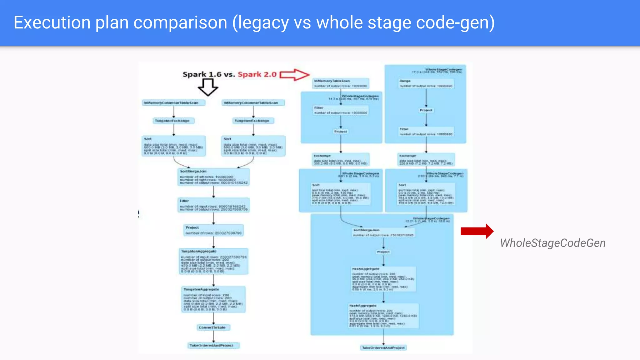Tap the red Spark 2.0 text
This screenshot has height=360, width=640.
(257, 74)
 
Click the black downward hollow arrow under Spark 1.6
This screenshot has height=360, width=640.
(208, 87)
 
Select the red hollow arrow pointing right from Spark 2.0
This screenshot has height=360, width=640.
(294, 75)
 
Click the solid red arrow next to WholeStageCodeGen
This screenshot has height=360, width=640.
(477, 231)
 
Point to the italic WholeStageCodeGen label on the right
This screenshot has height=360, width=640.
(552, 243)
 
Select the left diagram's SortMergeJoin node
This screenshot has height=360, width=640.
(213, 177)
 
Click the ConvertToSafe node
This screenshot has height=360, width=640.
(213, 327)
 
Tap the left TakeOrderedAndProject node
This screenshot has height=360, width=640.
(213, 345)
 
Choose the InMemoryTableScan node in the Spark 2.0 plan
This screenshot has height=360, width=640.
(341, 83)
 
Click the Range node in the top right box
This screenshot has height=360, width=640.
(426, 83)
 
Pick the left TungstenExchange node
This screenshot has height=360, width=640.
(173, 121)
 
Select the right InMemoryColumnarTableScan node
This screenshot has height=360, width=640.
(253, 103)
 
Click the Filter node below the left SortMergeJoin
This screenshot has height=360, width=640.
(213, 205)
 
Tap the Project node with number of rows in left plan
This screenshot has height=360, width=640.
(213, 230)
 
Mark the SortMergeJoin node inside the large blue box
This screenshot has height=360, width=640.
(383, 232)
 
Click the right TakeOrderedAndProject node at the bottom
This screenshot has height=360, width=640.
(383, 347)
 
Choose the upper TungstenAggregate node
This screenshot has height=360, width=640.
(213, 261)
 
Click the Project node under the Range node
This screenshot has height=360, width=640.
(426, 110)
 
